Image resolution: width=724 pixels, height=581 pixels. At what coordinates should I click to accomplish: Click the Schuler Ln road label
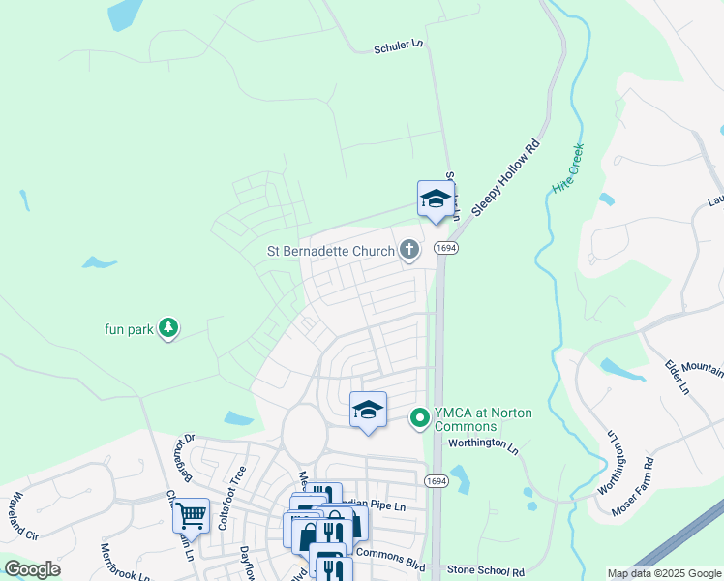(x=400, y=46)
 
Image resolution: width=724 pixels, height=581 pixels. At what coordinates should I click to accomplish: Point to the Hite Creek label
(x=567, y=168)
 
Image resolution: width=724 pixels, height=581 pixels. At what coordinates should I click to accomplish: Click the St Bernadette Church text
(x=331, y=252)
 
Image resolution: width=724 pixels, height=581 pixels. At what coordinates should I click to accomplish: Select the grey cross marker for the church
(x=409, y=251)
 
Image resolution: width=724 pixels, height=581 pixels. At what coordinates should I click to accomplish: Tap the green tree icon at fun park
(x=169, y=329)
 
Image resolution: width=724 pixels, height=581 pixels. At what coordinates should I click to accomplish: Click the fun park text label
(x=130, y=329)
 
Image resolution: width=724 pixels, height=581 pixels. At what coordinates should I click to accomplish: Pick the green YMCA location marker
(x=420, y=418)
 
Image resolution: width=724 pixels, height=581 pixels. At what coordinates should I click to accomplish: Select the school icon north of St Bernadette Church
(x=436, y=199)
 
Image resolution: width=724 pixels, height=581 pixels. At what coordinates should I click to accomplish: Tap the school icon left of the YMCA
(x=368, y=411)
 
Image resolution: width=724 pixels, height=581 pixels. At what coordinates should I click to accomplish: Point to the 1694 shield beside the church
(x=445, y=249)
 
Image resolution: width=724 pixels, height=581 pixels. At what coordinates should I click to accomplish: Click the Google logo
(x=32, y=569)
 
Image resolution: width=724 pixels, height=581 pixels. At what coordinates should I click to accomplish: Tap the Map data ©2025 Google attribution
(x=664, y=573)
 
